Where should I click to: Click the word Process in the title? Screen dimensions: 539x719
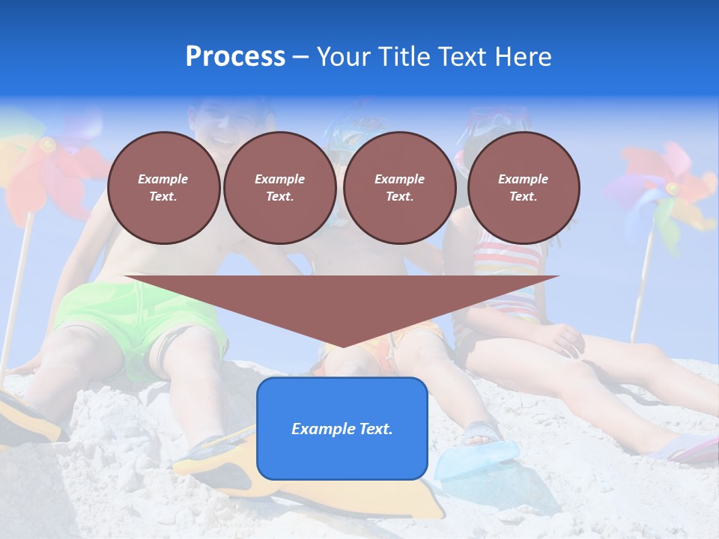click(235, 57)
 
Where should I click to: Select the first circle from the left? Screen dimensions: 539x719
click(163, 187)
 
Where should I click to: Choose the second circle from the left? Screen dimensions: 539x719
click(279, 187)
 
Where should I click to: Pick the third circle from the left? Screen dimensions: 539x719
click(399, 187)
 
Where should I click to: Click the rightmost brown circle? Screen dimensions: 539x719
click(523, 187)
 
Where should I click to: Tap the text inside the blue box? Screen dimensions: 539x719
click(342, 429)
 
